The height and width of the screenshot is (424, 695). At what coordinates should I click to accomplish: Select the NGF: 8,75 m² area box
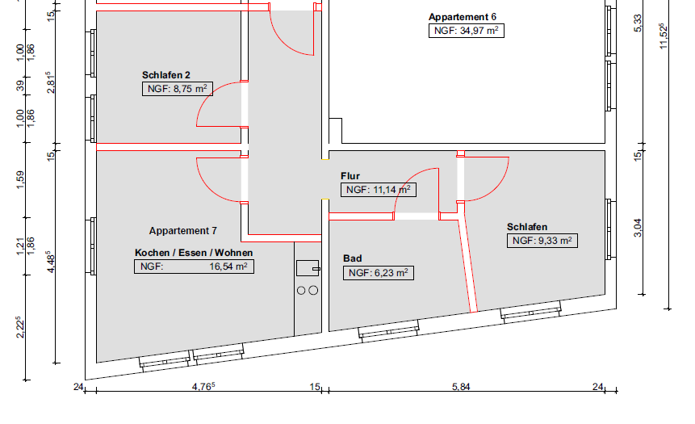177,89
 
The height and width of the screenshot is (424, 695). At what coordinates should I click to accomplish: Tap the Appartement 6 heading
463,17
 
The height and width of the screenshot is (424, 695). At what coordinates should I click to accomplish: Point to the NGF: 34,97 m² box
466,31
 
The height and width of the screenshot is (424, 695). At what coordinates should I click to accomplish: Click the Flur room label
350,176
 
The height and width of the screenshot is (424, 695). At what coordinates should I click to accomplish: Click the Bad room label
352,258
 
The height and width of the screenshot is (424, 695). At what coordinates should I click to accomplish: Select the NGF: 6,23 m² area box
379,273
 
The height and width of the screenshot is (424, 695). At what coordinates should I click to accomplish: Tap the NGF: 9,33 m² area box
541,241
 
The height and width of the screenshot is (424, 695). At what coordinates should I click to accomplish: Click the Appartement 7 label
183,231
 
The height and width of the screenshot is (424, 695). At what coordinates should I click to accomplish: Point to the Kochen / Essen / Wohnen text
194,253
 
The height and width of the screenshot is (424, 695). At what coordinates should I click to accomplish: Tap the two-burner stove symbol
308,290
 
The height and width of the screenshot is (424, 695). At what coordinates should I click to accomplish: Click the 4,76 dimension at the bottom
203,387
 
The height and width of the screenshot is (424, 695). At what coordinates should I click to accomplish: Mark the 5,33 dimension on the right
638,23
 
